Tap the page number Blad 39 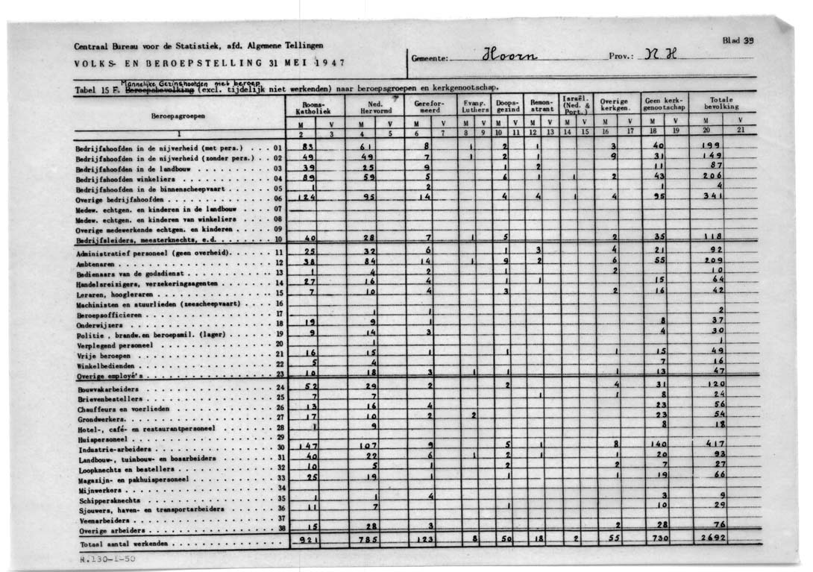pos(739,40)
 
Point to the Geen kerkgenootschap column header pos(664,104)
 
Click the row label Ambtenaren pos(97,263)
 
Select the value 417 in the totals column pos(715,444)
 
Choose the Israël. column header pos(576,104)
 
